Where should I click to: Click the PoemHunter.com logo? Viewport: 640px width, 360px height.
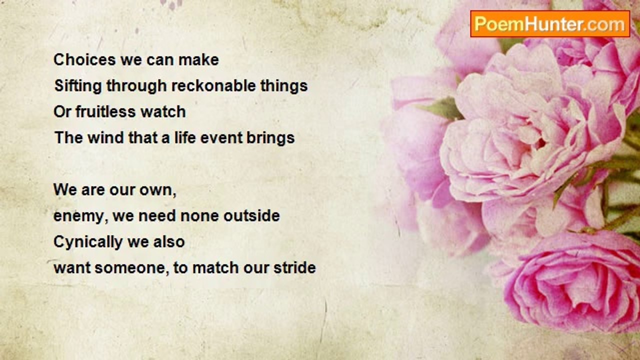tap(550, 23)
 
